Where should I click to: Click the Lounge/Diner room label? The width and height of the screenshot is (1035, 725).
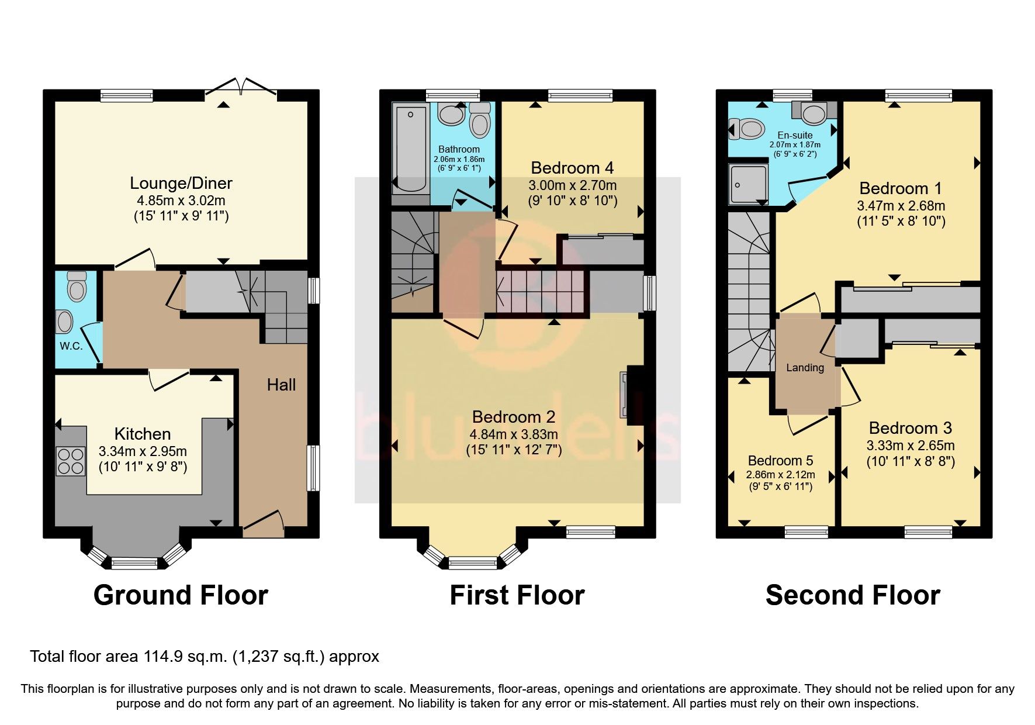pos(181,183)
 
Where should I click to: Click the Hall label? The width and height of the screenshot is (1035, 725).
pos(281,385)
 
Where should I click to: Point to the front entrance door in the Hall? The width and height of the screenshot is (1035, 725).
pos(263,524)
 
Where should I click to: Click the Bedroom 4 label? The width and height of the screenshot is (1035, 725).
pos(572,168)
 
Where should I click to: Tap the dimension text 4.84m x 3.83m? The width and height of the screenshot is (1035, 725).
pos(514,434)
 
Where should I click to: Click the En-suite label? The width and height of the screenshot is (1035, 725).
pos(795,135)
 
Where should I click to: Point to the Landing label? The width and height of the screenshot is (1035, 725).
pos(805,368)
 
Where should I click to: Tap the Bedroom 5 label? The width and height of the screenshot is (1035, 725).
pos(780,461)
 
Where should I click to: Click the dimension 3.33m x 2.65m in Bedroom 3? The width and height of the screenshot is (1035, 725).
pos(910,446)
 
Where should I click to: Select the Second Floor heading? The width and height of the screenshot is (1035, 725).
pos(852,595)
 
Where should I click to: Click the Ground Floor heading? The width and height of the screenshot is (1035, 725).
pos(181,595)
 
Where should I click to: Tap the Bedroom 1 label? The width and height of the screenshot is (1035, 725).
pos(901,188)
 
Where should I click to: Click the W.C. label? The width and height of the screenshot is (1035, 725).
pos(71,346)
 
